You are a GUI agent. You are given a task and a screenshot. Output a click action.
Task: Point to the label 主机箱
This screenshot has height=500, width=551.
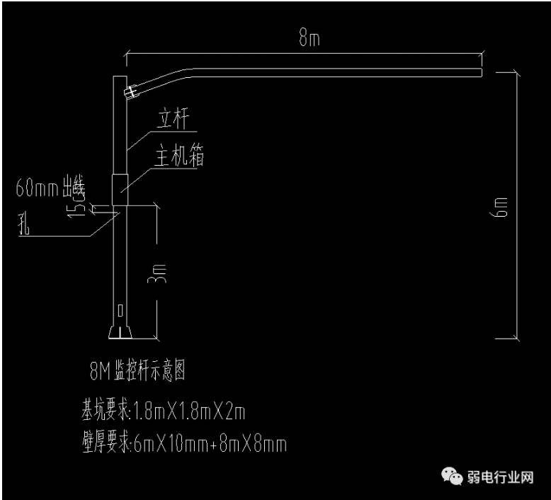pos(180,157)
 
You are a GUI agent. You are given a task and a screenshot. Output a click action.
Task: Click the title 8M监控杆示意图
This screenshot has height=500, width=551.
pos(138,369)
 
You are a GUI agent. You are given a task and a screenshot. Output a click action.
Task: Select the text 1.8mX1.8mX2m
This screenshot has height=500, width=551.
pos(189,409)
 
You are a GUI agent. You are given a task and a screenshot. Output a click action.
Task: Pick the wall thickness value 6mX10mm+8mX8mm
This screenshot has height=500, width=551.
pos(210,443)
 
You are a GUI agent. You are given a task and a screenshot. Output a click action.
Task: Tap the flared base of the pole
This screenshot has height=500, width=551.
pos(120,332)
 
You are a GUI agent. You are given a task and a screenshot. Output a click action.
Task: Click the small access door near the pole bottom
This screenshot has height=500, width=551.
pos(120,309)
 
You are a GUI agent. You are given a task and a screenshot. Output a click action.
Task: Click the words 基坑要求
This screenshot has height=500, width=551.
pos(106,409)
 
